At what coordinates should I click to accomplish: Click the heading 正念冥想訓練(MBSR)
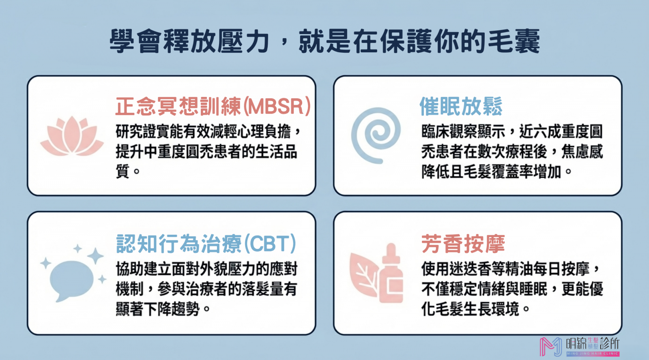[213, 106]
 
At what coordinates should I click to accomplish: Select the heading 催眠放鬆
[461, 106]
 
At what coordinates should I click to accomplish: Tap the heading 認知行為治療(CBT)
[206, 244]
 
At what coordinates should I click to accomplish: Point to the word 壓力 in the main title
[243, 41]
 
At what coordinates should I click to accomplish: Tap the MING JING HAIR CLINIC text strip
[593, 354]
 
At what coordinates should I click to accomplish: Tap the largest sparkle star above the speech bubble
[95, 256]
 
